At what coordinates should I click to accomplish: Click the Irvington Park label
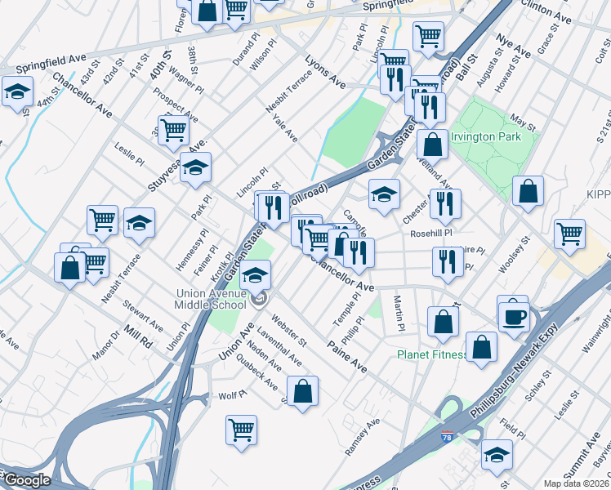pos(487,137)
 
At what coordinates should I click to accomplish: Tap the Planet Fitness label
pos(432,354)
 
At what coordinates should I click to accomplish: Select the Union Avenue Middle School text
pos(211,299)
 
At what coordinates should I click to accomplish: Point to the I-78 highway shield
pos(446,439)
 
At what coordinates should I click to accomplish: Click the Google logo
pos(26,481)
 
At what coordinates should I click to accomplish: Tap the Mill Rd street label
pos(140,336)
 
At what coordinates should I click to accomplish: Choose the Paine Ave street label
pos(347,352)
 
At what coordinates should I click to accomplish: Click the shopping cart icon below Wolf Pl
pos(241,430)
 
